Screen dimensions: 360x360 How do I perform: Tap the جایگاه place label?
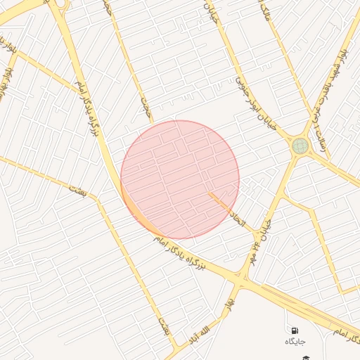click(x=295, y=341)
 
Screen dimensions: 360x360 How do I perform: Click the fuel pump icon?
click(x=294, y=330)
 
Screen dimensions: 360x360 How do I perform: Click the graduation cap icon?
click(x=306, y=358)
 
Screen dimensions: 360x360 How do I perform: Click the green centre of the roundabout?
click(x=301, y=146)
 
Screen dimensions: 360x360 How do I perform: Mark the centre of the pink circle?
click(x=180, y=179)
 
